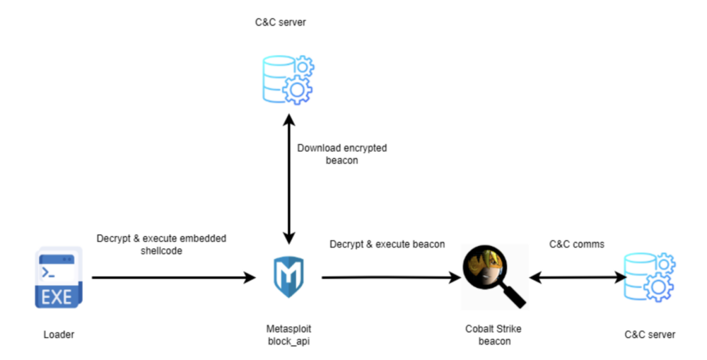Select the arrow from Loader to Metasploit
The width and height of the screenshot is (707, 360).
pos(173,278)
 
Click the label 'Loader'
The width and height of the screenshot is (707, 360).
pos(58,334)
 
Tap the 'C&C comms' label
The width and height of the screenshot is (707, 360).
pos(577,244)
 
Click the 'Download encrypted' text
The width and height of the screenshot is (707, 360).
pos(342,149)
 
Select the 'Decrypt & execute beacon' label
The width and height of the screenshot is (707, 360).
pos(387,244)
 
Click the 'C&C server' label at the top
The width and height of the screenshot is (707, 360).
pos(281,23)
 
